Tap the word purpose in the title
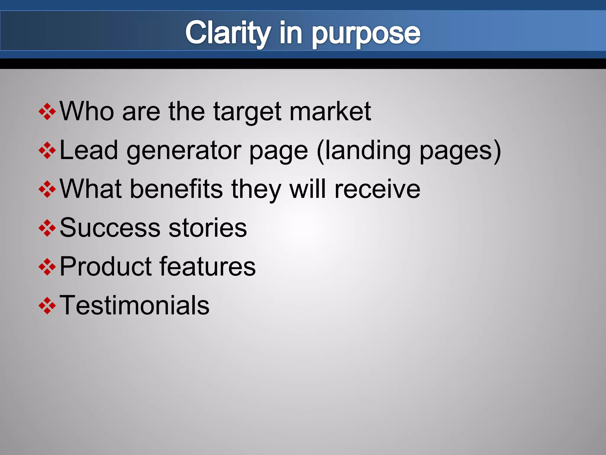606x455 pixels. point(366,34)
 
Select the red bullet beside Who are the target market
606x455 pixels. point(47,112)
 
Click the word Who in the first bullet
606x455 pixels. point(87,111)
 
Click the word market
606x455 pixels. point(330,111)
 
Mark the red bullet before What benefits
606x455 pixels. point(47,189)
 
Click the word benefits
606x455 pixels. point(176,189)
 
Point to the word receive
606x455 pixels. point(377,189)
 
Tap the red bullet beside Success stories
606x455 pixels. point(47,228)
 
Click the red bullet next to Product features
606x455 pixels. point(47,267)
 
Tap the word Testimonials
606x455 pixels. point(134,305)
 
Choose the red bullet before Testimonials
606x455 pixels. point(47,305)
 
